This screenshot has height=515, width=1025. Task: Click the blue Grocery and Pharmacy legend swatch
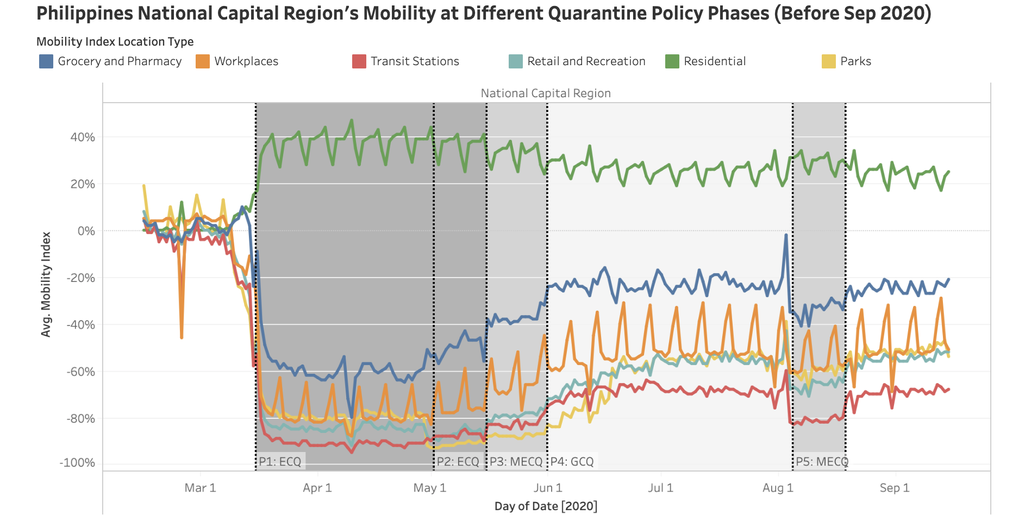46,61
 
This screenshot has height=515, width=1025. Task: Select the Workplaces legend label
246,61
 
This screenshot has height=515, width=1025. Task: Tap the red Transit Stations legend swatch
359,61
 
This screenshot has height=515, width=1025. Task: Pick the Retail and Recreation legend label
586,61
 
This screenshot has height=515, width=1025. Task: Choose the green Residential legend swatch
672,61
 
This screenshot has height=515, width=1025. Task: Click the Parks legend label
855,61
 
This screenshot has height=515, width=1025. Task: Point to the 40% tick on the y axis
83,137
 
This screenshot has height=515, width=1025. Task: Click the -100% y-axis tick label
77,463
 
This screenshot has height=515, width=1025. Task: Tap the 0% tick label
86,231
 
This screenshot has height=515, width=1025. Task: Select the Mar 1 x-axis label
200,488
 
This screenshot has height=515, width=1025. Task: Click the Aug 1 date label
778,488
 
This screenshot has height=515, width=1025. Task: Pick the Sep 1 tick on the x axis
895,488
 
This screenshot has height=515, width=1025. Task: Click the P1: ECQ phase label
280,462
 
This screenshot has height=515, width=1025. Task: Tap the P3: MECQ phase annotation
516,462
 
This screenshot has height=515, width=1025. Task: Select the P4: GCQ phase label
572,462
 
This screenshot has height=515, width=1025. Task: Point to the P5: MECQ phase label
822,462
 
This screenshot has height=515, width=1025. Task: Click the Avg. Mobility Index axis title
46,285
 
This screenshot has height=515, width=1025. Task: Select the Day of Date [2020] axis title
546,506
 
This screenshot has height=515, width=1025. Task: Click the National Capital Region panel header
546,93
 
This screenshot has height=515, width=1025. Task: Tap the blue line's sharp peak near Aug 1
786,235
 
